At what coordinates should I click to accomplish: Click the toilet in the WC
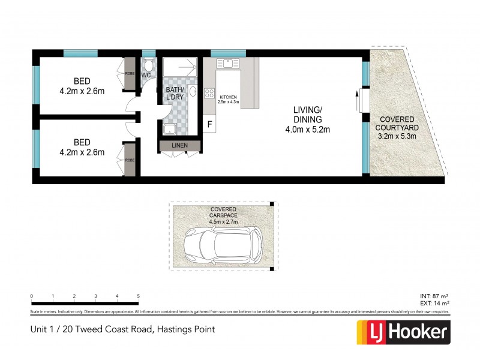click(148, 65)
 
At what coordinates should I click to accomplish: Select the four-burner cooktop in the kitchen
click(210, 93)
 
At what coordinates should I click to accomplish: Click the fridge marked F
click(209, 125)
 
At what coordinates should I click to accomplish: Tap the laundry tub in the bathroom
click(169, 130)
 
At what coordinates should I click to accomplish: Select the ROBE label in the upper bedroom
click(130, 73)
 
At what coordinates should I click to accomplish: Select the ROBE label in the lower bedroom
click(130, 160)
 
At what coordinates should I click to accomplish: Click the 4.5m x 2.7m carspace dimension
click(223, 222)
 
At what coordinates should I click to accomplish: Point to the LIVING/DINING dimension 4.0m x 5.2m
click(308, 129)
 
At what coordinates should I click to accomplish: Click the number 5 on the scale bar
click(139, 296)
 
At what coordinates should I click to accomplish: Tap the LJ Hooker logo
click(403, 332)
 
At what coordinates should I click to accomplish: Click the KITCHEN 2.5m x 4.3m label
click(229, 100)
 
